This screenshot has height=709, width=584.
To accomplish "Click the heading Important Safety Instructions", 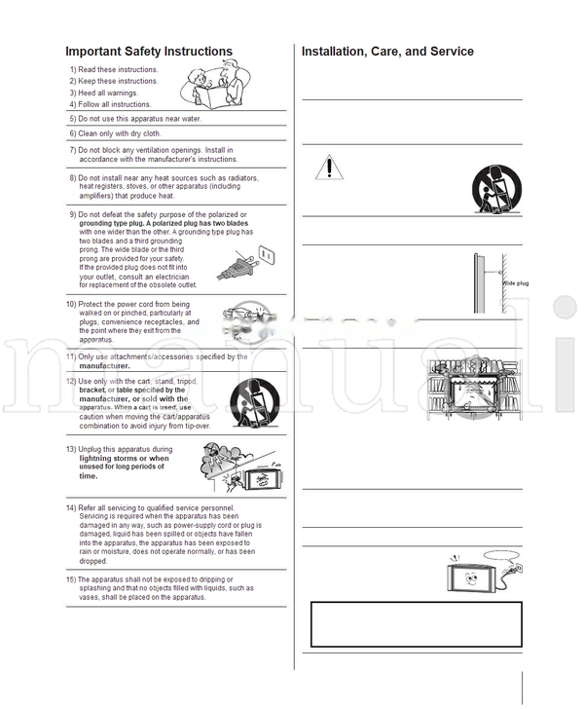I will coord(149,52).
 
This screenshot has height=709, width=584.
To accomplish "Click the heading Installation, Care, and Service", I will coord(387,52).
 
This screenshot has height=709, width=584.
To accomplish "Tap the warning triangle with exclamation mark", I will coord(329,168).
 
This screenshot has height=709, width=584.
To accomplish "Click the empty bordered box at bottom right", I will coord(416,624).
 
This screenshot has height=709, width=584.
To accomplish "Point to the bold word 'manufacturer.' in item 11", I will coord(104,365).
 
